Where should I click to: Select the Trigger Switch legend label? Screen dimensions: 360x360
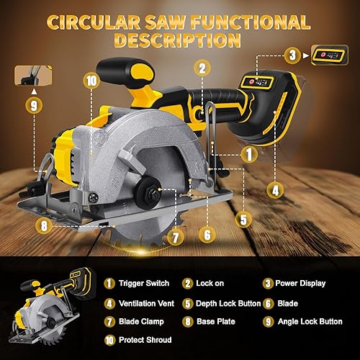click(140, 284)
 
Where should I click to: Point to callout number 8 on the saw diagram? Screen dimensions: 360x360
click(45, 225)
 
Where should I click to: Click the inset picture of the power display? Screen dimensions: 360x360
click(328, 53)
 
